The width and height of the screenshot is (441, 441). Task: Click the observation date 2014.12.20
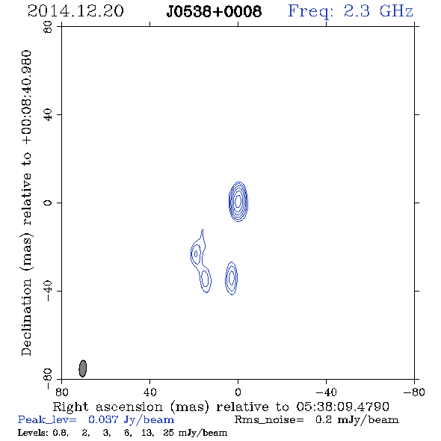point(75,11)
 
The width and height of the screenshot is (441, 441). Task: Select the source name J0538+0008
point(214,11)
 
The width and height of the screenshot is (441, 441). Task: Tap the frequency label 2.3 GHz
point(378,11)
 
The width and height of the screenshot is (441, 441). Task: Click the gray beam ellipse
point(83,368)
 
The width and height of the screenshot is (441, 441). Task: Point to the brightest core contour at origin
point(238,201)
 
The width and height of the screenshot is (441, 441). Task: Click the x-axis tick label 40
point(149,392)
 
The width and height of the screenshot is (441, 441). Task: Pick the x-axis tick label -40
point(326,392)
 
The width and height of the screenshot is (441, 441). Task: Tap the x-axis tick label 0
point(238,392)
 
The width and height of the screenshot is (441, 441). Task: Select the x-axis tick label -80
point(414,392)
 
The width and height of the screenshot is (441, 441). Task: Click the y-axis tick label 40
point(48,115)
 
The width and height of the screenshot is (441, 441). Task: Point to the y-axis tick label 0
point(48,203)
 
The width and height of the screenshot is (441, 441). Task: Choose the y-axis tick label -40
point(48,291)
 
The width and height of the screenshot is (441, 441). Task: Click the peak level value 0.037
point(103,419)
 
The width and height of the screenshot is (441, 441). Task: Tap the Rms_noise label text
point(269,420)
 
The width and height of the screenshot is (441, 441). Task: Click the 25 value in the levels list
point(168,433)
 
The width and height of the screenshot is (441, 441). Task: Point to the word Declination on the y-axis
point(26,318)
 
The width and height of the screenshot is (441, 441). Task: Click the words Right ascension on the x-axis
point(108,407)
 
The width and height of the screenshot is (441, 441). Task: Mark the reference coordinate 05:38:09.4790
point(343,407)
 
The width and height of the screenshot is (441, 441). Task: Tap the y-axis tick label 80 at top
point(48,27)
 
